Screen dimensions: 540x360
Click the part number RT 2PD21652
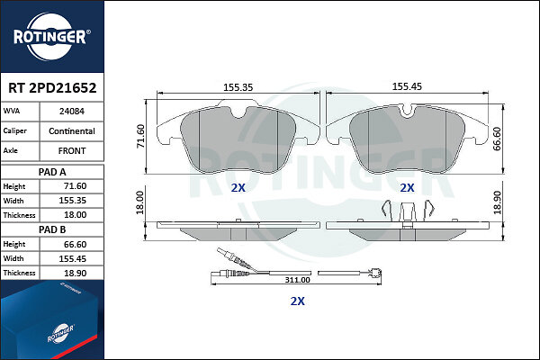pyautogui.click(x=52, y=88)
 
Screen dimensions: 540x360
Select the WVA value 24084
pyautogui.click(x=72, y=112)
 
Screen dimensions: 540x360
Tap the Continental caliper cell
pyautogui.click(x=72, y=131)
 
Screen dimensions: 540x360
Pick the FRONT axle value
pyautogui.click(x=72, y=151)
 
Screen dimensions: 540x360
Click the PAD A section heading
pyautogui.click(x=52, y=172)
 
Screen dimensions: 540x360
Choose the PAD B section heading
pyautogui.click(x=52, y=229)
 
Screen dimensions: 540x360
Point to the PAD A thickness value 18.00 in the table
pyautogui.click(x=75, y=215)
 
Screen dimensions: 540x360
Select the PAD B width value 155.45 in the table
pyautogui.click(x=72, y=258)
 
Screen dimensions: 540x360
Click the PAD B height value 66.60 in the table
pyautogui.click(x=75, y=244)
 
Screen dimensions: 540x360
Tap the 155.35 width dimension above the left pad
pyautogui.click(x=238, y=87)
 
